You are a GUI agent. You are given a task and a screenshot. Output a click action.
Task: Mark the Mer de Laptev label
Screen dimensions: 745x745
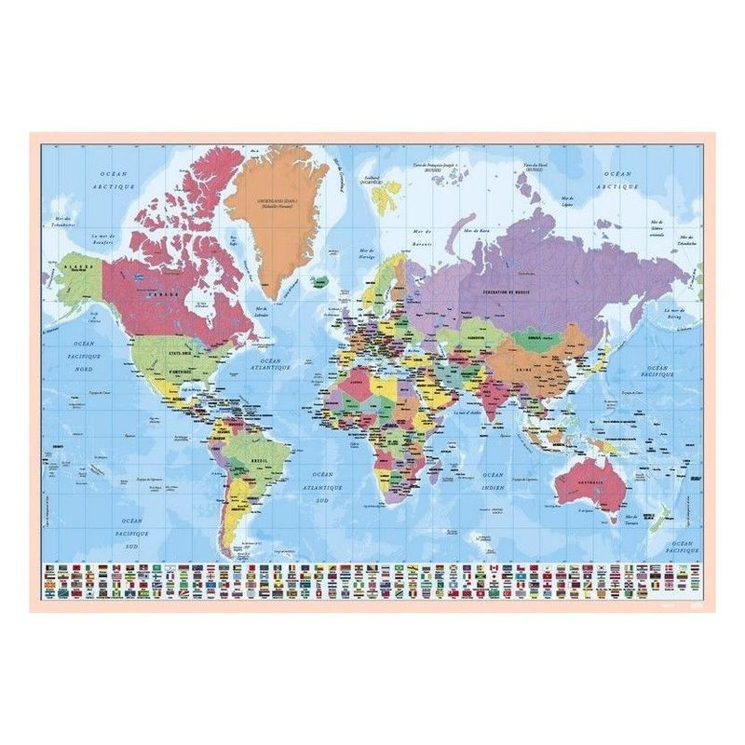[567, 202]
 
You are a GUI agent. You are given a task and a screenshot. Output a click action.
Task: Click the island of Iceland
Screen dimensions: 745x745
[320, 279]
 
